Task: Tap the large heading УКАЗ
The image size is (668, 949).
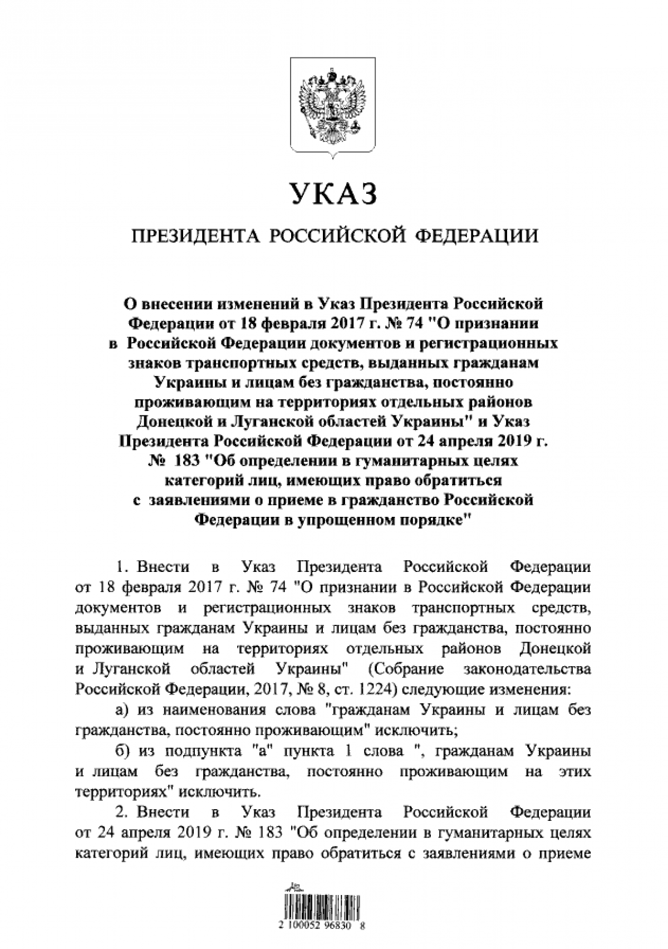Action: click(x=333, y=194)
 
